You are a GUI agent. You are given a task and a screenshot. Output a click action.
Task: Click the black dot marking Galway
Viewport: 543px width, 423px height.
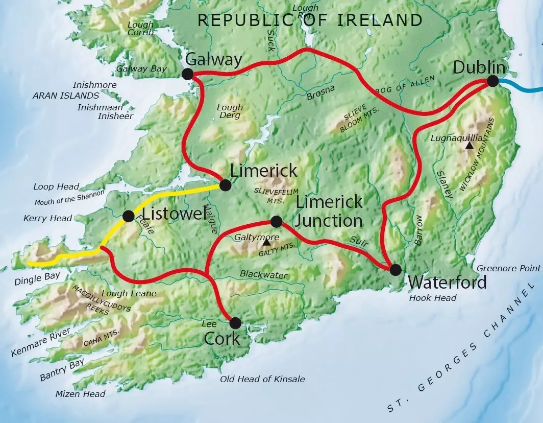[187, 74]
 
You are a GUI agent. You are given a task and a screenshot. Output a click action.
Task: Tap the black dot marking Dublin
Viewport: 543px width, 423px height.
[492, 81]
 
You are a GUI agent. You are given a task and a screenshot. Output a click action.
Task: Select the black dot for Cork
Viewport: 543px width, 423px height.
[235, 323]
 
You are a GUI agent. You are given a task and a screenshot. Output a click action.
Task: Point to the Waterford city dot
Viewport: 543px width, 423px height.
[396, 269]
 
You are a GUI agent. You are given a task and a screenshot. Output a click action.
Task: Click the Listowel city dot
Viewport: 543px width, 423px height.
[128, 216]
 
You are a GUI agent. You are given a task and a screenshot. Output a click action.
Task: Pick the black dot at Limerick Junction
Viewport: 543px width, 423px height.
[276, 221]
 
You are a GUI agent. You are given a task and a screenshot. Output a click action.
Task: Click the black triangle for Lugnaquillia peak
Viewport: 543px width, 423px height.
[469, 146]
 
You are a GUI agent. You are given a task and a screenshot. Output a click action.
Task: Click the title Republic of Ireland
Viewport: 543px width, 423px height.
[310, 20]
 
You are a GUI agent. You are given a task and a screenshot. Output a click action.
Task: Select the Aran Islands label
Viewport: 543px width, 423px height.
[66, 96]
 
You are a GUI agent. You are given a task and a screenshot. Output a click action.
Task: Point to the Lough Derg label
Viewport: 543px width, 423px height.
[230, 111]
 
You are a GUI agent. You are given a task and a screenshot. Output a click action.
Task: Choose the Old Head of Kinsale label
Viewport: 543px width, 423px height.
[262, 379]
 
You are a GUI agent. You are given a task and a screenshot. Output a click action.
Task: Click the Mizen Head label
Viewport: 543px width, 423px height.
[81, 394]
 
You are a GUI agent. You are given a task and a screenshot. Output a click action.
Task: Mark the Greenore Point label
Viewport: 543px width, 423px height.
[508, 268]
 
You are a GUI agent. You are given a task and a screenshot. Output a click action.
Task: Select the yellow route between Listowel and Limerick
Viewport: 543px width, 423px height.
[174, 194]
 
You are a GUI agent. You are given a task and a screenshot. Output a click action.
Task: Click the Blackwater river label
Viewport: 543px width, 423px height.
[263, 275]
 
